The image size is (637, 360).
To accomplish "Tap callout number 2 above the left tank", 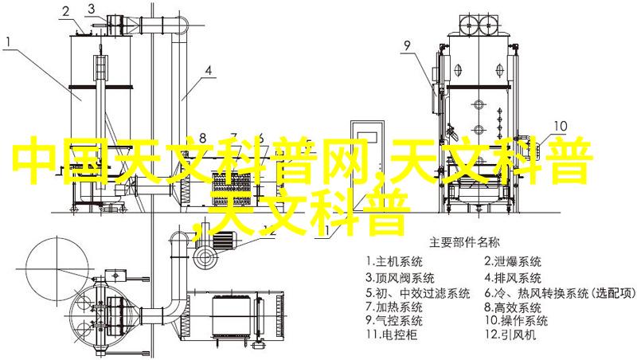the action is (65, 12).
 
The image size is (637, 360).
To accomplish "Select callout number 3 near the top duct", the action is (91, 9).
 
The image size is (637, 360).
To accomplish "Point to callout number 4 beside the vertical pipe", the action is (208, 71).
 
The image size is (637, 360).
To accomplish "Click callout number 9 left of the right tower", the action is (407, 46).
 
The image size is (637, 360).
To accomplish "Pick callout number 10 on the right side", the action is (561, 126).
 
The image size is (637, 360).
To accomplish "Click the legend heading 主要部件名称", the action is (464, 243).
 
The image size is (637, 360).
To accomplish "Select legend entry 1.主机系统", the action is (393, 261).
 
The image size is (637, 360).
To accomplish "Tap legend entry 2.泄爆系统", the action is (513, 261).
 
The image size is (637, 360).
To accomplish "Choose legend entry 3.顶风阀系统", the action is (400, 278).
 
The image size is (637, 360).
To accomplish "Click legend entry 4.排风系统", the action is (513, 278).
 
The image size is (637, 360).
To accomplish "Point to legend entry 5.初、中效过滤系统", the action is (417, 293).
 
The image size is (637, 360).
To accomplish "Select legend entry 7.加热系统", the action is (393, 307).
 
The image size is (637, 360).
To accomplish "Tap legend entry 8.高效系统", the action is (513, 307).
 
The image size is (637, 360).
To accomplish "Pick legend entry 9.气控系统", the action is (393, 321).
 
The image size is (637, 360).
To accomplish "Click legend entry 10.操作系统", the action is (516, 321).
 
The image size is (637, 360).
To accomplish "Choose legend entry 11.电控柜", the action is (391, 335).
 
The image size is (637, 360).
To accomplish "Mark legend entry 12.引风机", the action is (510, 335).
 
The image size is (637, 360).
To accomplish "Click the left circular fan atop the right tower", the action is (470, 26).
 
